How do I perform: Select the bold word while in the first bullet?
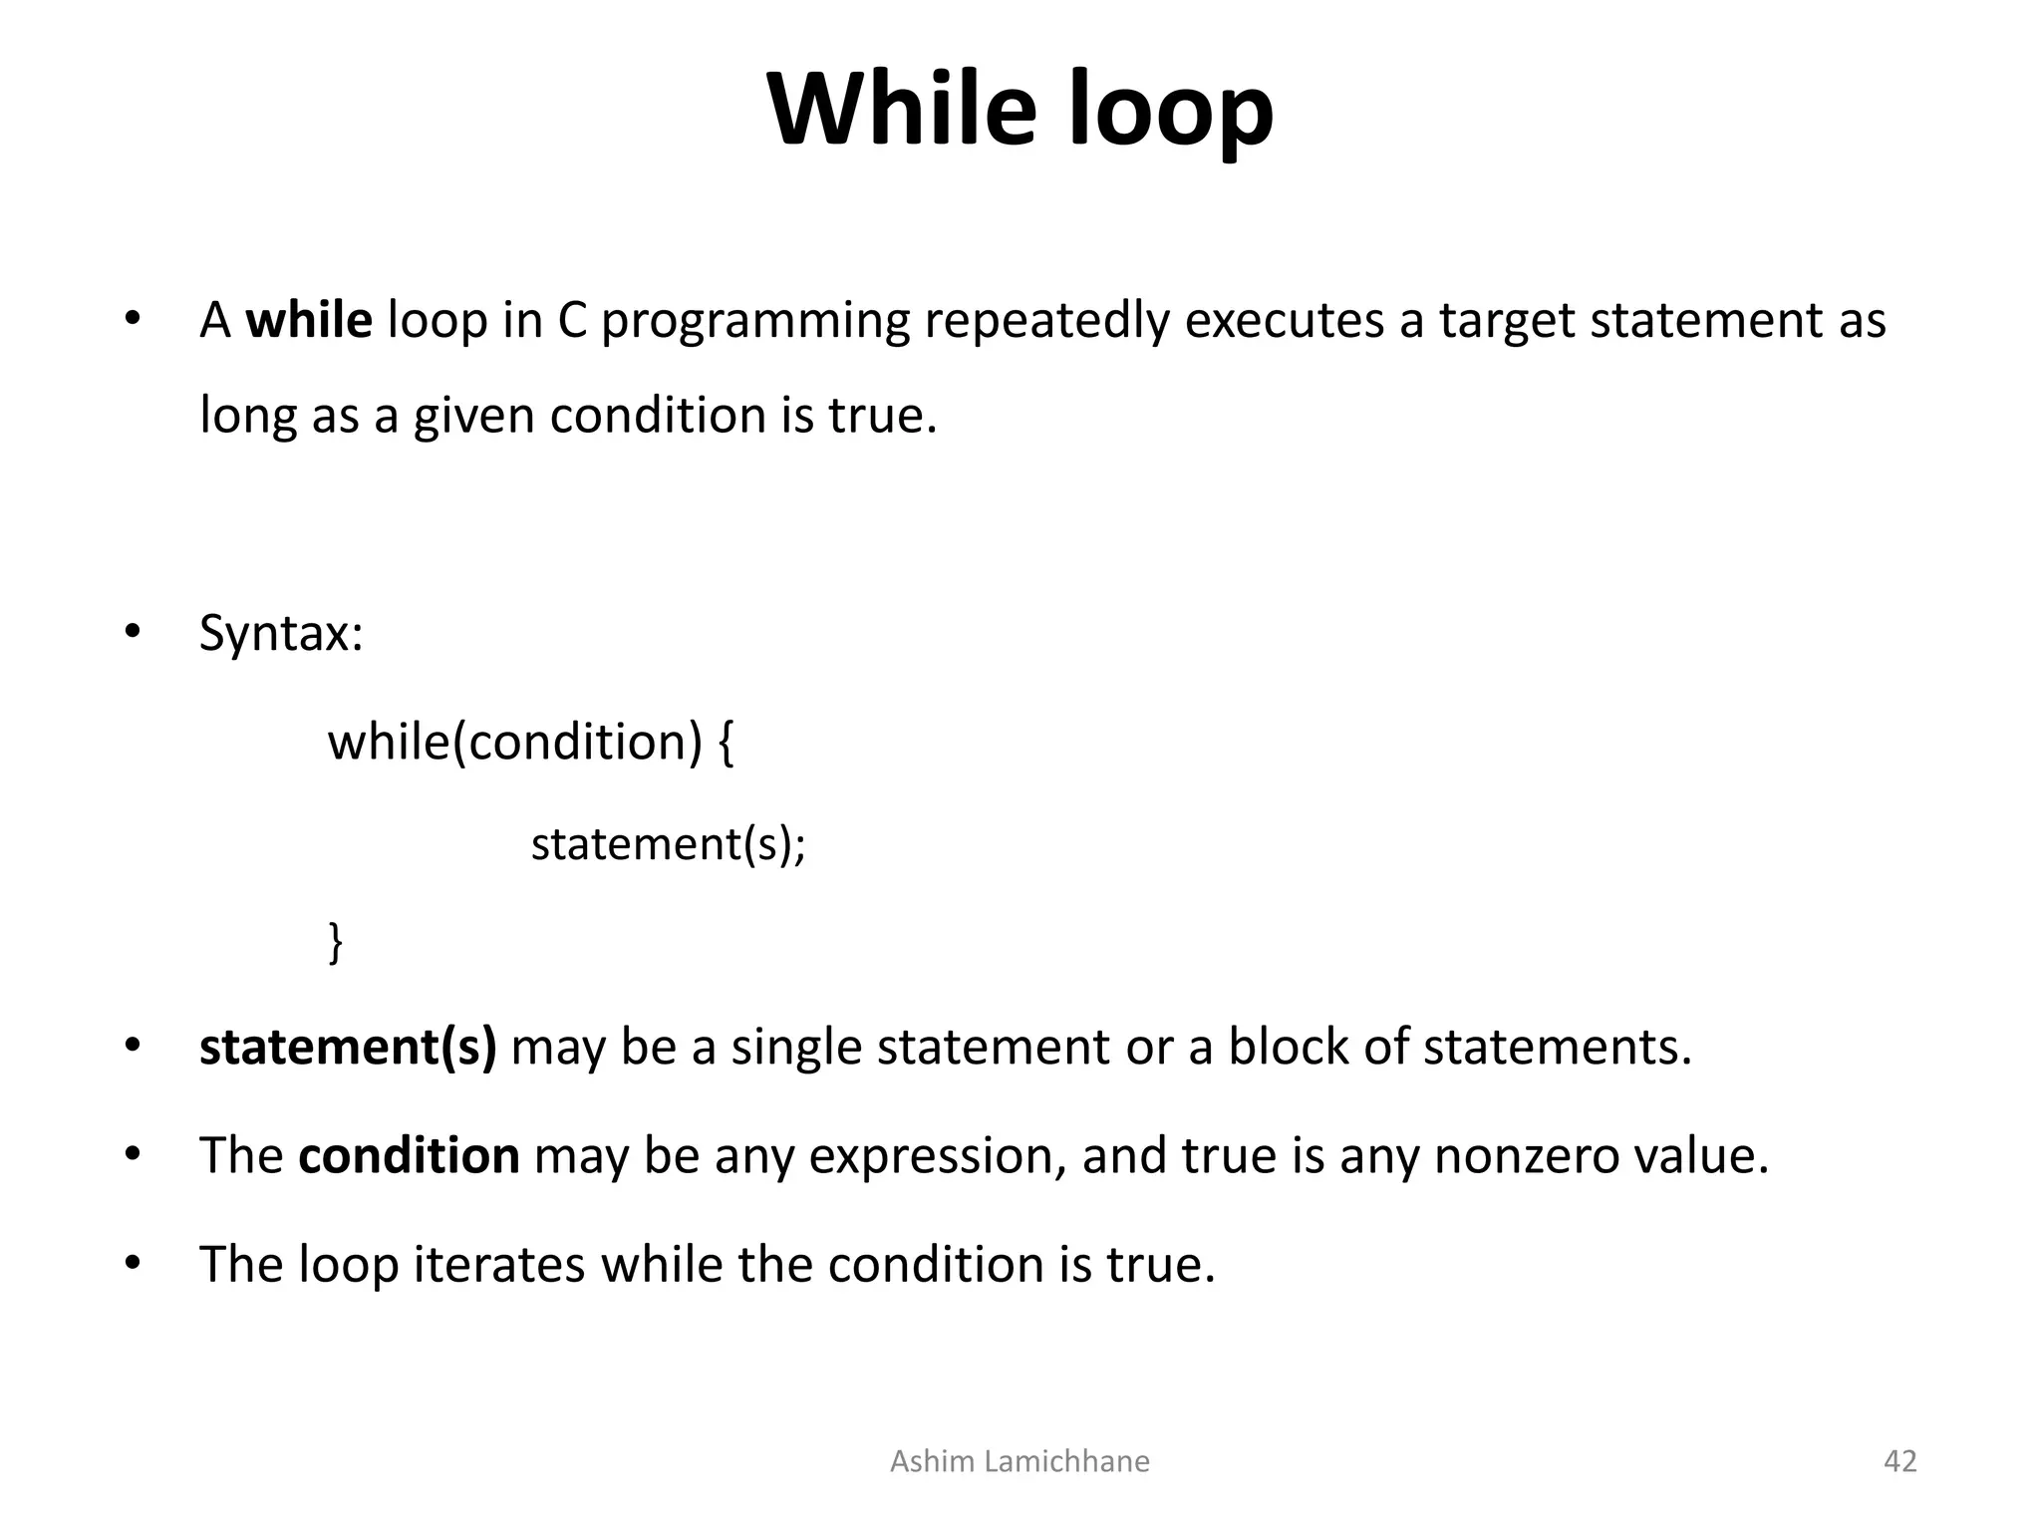point(309,321)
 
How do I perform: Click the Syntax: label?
point(281,634)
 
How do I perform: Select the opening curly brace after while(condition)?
point(726,744)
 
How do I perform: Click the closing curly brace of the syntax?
point(336,941)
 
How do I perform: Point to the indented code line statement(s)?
point(668,845)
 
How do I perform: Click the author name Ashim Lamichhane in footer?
point(1020,1461)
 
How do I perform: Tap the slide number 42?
point(1899,1461)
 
